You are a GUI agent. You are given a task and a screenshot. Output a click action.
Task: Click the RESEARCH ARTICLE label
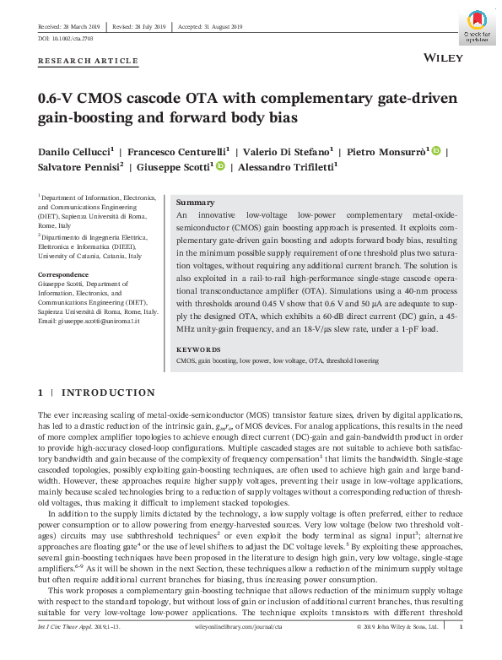pyautogui.click(x=88, y=61)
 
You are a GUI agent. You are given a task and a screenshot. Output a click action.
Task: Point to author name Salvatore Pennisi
pyautogui.click(x=78, y=167)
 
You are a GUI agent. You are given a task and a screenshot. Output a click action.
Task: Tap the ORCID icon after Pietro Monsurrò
pyautogui.click(x=436, y=151)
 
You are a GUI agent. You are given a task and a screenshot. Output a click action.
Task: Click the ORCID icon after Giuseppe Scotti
pyautogui.click(x=220, y=166)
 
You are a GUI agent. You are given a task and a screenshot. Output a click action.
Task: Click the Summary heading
pyautogui.click(x=195, y=204)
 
